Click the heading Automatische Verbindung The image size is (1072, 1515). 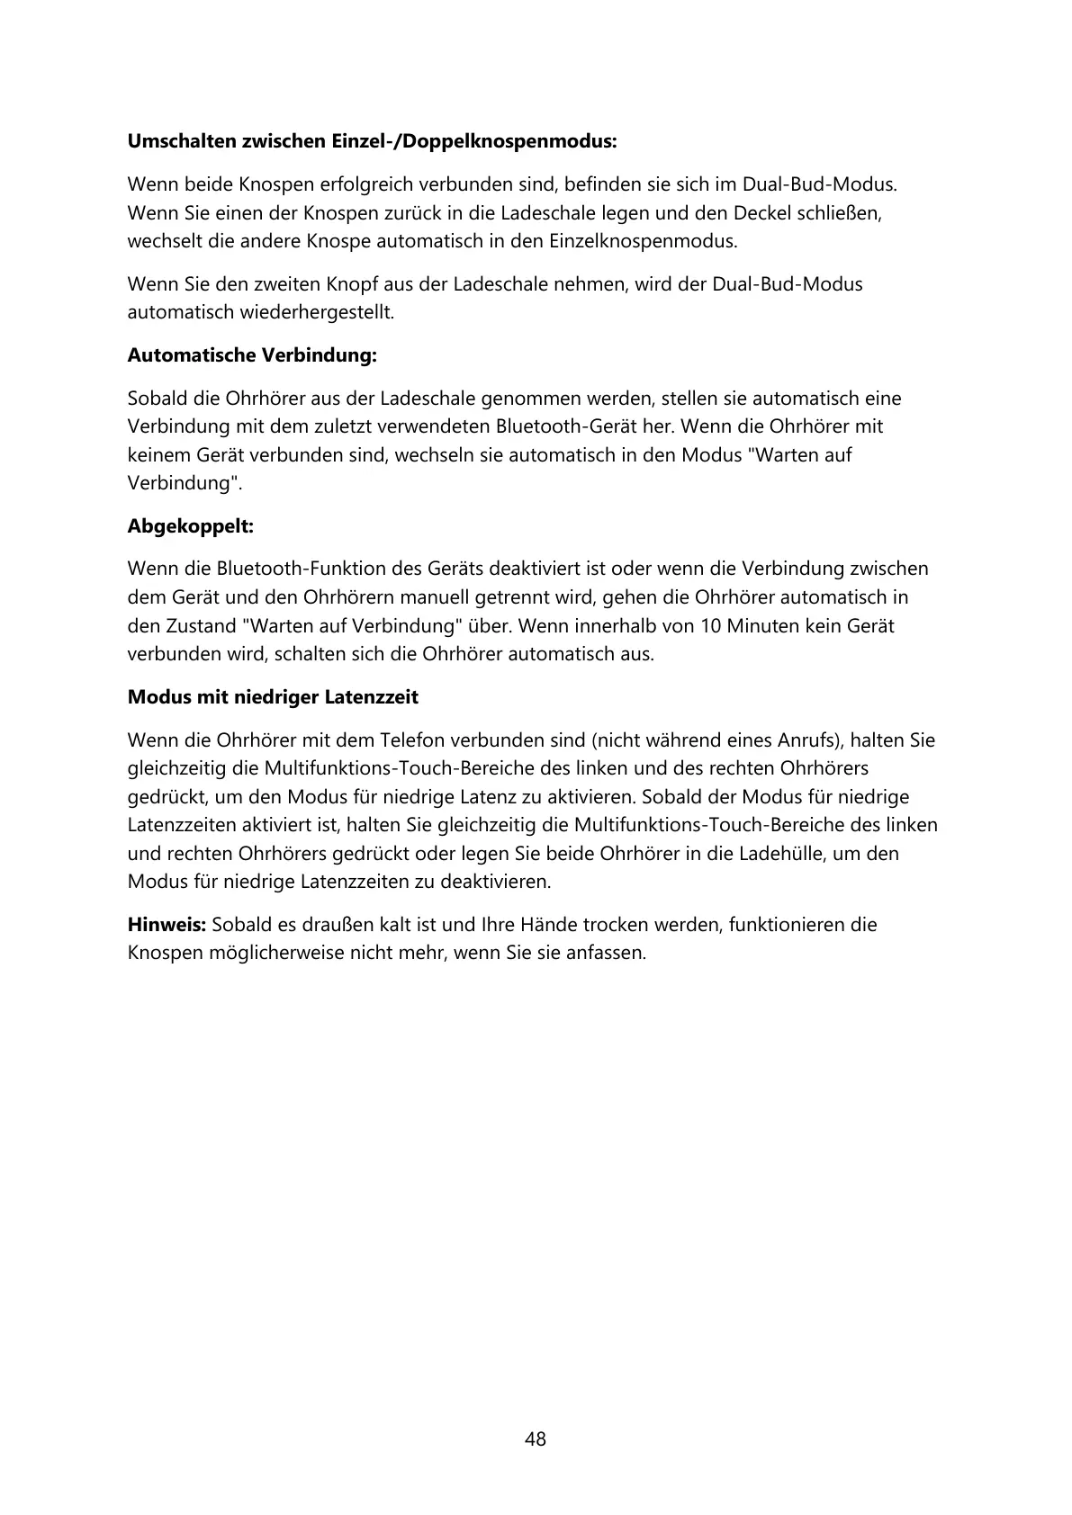tap(252, 355)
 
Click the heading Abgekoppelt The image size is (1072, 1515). tap(190, 526)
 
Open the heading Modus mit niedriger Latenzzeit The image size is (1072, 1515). tap(273, 697)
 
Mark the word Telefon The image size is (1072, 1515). tap(411, 740)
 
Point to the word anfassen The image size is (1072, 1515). tap(608, 953)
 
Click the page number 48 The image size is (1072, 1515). tap(536, 1439)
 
